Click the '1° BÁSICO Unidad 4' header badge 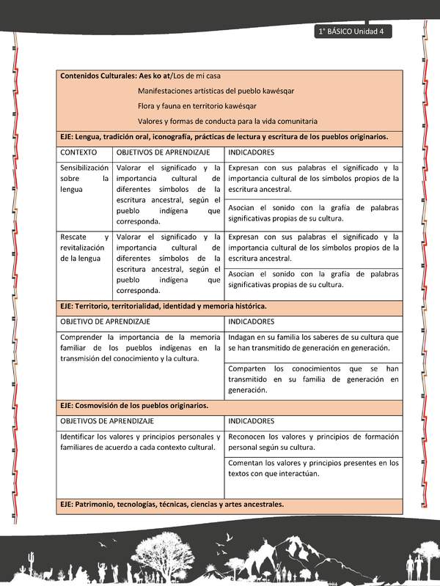point(353,31)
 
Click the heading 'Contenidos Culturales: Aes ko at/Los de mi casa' point(140,75)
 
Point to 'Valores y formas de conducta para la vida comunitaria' point(227,121)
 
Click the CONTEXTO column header point(78,152)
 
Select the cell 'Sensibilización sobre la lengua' point(84,178)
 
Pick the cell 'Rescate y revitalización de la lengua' point(84,247)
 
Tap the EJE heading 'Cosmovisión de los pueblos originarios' point(134,405)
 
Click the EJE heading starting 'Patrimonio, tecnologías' point(172,504)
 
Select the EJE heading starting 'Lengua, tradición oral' point(224,136)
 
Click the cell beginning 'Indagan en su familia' point(313,342)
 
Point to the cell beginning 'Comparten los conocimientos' point(313,379)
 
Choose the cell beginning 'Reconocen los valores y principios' point(313,441)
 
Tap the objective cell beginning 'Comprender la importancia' point(139,348)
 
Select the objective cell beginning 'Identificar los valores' point(139,442)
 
